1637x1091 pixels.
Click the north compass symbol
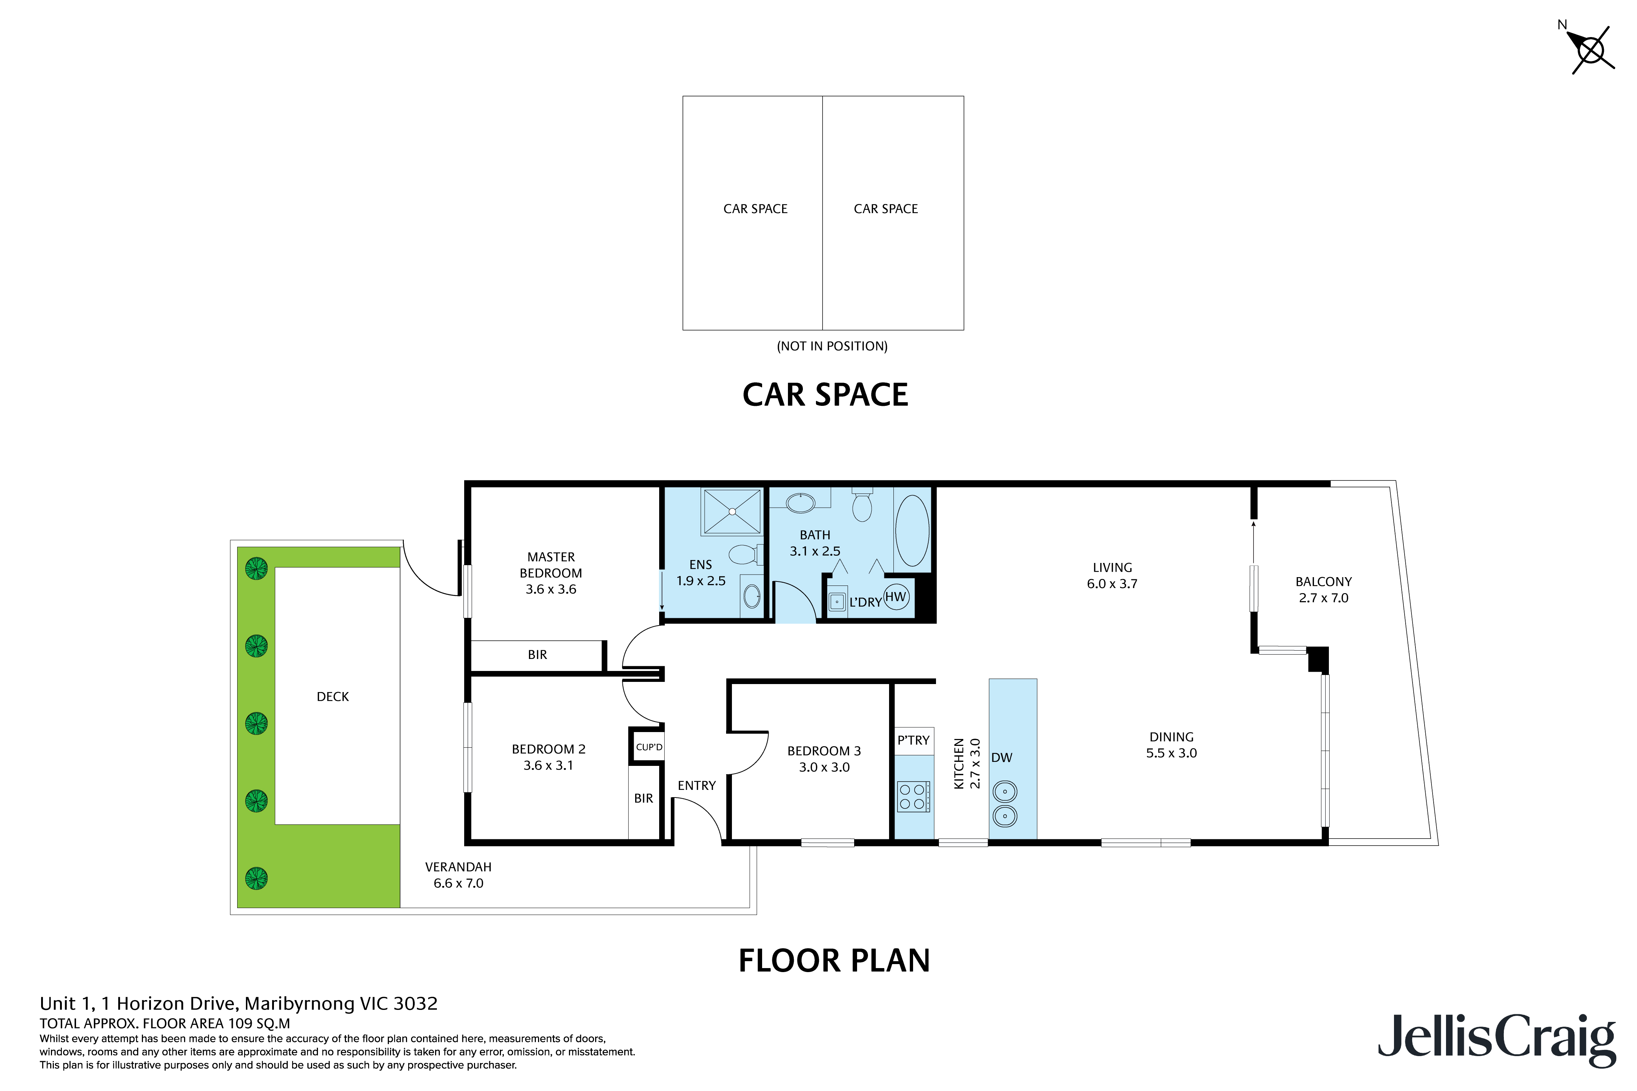click(x=1590, y=50)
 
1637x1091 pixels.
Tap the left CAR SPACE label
click(x=755, y=209)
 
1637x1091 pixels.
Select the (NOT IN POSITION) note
click(x=832, y=346)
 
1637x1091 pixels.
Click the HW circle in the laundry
click(x=896, y=596)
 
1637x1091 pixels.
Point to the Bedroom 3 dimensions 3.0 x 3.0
click(x=824, y=767)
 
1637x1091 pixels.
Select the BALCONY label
click(x=1323, y=582)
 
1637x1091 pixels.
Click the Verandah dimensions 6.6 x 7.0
click(x=458, y=883)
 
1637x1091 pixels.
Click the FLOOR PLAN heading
click(x=834, y=961)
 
